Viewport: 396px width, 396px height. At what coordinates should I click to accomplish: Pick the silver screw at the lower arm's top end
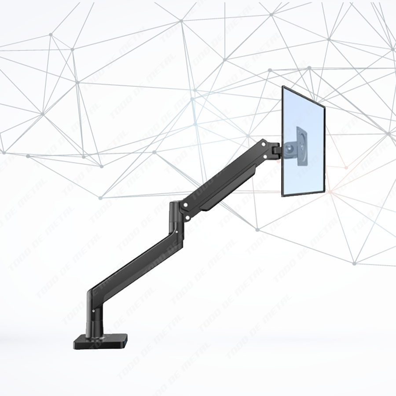(x=175, y=230)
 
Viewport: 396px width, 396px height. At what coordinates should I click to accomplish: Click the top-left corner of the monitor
(x=283, y=86)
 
